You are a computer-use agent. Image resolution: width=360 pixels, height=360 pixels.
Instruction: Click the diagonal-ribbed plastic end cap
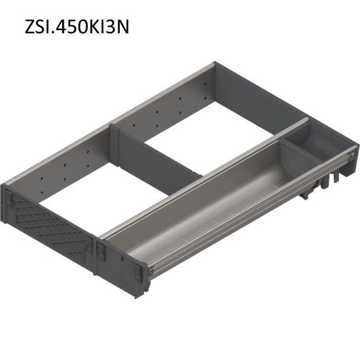pos(49,217)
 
